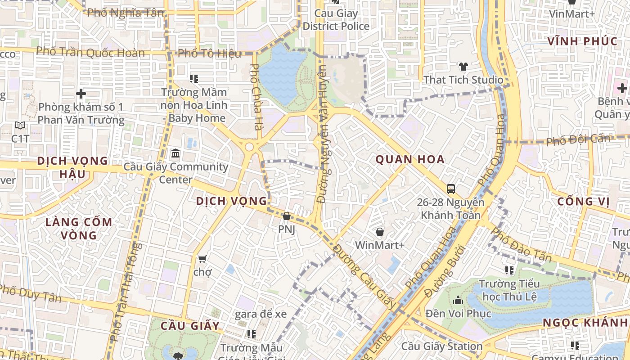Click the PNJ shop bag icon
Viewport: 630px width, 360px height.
click(287, 216)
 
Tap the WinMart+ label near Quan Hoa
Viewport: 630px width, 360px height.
click(380, 245)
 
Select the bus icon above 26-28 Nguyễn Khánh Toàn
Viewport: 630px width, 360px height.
click(450, 189)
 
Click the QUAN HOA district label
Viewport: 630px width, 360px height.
click(410, 159)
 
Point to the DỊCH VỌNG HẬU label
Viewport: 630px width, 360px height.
click(72, 167)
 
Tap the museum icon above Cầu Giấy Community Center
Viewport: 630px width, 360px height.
click(175, 154)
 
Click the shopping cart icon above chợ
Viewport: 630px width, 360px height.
click(202, 259)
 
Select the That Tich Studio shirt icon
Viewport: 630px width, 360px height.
click(463, 67)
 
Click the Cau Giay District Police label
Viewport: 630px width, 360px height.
click(336, 20)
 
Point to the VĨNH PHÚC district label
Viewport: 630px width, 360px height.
click(582, 42)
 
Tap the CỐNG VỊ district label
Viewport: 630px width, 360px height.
click(583, 202)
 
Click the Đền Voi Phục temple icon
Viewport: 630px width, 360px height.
click(458, 300)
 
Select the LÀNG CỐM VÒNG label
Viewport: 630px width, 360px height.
click(79, 229)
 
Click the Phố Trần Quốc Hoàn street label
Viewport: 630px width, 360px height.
click(90, 52)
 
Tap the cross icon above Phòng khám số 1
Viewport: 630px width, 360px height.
click(81, 94)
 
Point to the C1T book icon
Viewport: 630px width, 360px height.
click(20, 126)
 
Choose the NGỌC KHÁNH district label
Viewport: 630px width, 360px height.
click(585, 323)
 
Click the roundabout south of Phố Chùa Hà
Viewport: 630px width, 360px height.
click(249, 147)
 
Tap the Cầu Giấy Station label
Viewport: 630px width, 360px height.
click(441, 346)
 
